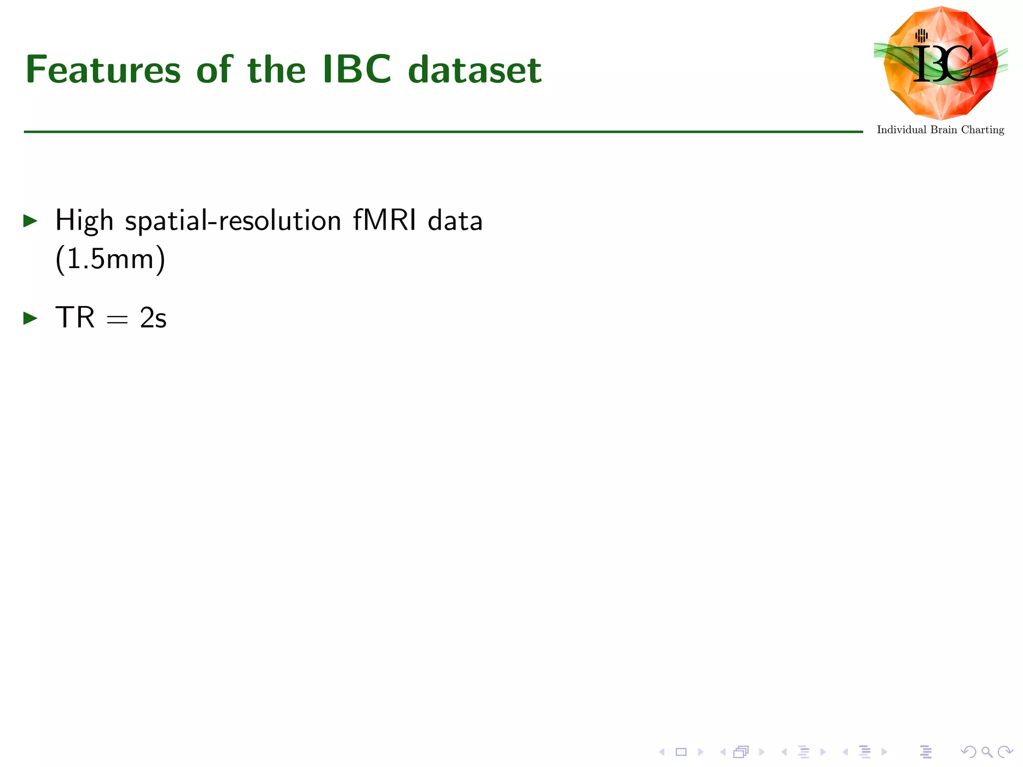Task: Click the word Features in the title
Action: tap(103, 70)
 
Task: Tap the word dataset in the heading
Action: tap(475, 70)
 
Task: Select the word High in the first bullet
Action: tap(84, 221)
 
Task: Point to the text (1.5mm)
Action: tap(110, 259)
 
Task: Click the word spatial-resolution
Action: tap(233, 221)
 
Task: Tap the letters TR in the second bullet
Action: tap(75, 318)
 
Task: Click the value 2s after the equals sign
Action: tap(153, 318)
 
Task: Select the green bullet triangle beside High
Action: tap(30, 221)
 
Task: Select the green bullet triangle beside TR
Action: tap(30, 318)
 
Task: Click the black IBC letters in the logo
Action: tap(942, 64)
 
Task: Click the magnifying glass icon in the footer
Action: tap(987, 752)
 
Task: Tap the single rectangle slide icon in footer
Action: tap(681, 752)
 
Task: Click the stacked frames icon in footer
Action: tap(741, 752)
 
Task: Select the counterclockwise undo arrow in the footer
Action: tap(968, 752)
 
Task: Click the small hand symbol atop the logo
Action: tap(922, 35)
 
